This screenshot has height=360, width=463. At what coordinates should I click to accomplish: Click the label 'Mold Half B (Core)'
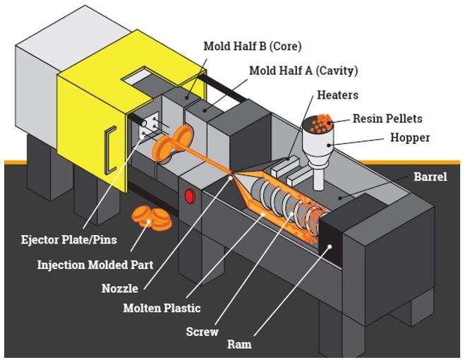point(252,47)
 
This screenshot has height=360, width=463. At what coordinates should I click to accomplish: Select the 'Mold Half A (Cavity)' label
point(303,71)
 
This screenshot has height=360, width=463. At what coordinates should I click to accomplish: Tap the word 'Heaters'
point(337,95)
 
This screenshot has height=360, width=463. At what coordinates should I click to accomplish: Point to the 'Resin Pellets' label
point(387,119)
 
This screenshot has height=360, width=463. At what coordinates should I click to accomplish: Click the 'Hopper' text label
point(410,137)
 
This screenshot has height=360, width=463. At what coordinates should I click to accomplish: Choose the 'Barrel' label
point(430,176)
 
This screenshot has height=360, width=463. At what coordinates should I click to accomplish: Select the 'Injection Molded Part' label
point(95,265)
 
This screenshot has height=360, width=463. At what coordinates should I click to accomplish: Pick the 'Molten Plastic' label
point(162,308)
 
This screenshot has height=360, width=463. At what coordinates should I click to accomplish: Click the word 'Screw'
point(201,331)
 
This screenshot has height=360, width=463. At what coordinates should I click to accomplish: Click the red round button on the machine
point(190,196)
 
